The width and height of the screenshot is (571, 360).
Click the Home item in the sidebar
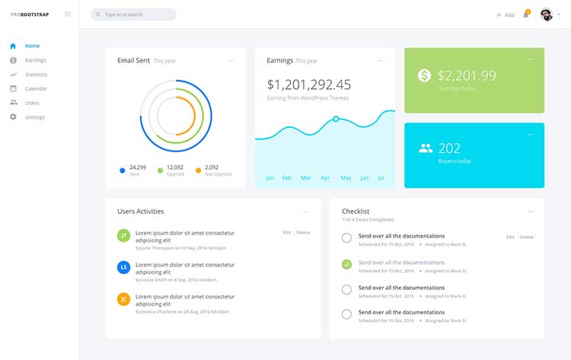[x=32, y=46]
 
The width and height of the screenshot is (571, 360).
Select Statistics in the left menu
[x=36, y=75]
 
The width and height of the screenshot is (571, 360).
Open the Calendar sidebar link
[x=36, y=88]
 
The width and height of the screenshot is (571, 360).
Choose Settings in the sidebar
[x=34, y=117]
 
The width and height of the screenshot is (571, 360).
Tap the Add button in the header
[x=506, y=14]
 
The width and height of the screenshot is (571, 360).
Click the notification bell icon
[x=525, y=14]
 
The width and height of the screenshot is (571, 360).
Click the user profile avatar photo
[x=546, y=14]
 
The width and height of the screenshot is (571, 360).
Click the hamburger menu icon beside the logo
[x=68, y=14]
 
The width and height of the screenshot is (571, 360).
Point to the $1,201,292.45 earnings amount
[x=309, y=84]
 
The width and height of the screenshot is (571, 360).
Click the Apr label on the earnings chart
[x=325, y=178]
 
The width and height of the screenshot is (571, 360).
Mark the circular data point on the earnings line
[x=336, y=119]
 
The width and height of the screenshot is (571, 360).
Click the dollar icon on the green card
[x=425, y=75]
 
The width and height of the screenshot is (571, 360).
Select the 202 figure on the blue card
[x=449, y=148]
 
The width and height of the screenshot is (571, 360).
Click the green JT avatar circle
[x=123, y=235]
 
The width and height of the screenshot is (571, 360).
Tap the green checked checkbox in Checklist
[x=346, y=264]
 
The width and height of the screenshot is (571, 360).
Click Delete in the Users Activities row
[x=303, y=232]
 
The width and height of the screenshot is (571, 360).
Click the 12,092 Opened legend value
[x=175, y=167]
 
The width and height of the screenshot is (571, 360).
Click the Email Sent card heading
[x=133, y=60]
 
